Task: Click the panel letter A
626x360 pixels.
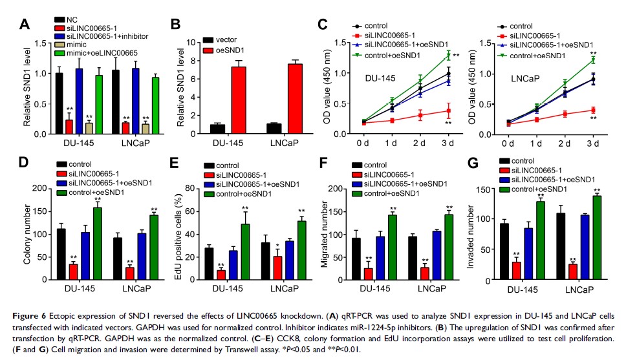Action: tap(25, 25)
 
